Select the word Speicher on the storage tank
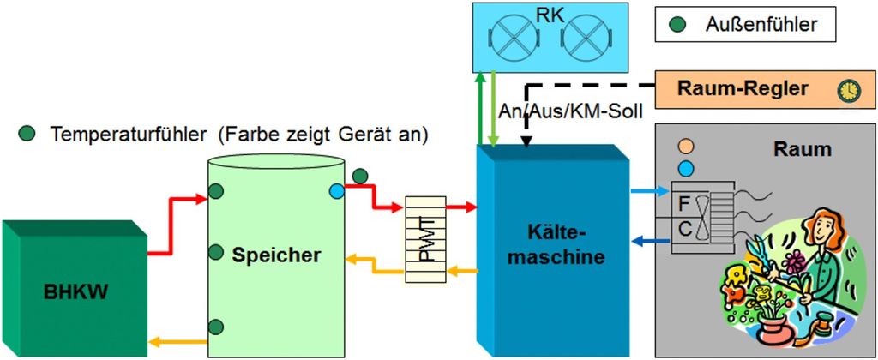click(x=275, y=254)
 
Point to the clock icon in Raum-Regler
click(x=848, y=89)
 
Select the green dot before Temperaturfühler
click(x=28, y=135)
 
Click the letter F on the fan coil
click(x=684, y=205)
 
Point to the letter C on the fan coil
click(x=684, y=229)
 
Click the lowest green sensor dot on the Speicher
click(x=217, y=326)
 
